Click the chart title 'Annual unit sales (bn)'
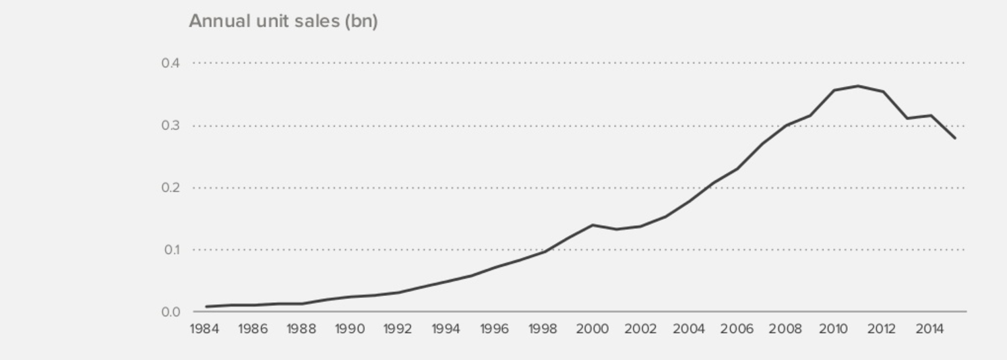click(283, 21)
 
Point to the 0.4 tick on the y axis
click(171, 63)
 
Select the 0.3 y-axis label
click(171, 125)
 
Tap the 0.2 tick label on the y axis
click(171, 187)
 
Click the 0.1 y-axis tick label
click(171, 249)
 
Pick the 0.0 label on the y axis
click(171, 311)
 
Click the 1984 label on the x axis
click(204, 329)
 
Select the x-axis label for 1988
click(301, 329)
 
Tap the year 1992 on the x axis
click(398, 329)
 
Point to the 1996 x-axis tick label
click(494, 329)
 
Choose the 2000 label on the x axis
click(591, 329)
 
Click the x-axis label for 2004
click(688, 329)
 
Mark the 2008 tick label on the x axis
click(785, 329)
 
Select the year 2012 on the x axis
click(882, 329)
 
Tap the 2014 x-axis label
click(930, 329)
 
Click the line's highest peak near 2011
click(858, 86)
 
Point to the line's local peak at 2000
click(592, 224)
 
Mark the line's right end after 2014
click(955, 138)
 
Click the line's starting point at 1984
click(206, 307)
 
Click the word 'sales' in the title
click(317, 21)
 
